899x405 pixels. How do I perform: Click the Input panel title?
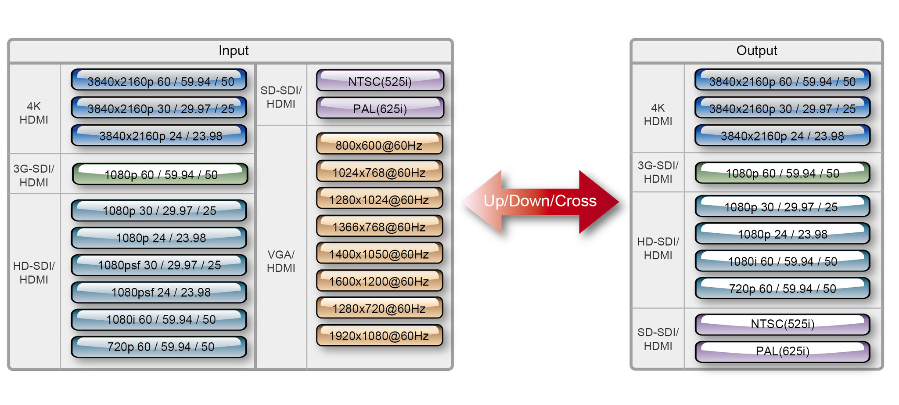click(x=234, y=51)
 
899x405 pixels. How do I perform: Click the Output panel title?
click(x=756, y=51)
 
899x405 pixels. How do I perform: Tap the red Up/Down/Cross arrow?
click(x=540, y=201)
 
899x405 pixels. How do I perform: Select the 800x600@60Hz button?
click(x=379, y=145)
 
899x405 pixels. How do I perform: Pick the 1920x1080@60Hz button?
click(x=379, y=336)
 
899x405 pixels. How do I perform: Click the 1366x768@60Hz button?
click(x=379, y=227)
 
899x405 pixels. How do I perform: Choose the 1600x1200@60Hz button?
click(x=379, y=281)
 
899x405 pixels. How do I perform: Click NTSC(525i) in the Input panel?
click(x=380, y=81)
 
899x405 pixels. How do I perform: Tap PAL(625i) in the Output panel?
click(x=782, y=351)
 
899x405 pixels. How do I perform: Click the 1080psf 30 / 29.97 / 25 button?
click(x=159, y=265)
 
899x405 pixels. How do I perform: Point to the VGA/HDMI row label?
click(x=281, y=261)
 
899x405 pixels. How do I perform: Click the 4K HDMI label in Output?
click(x=658, y=114)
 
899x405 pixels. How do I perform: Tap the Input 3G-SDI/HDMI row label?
click(x=34, y=175)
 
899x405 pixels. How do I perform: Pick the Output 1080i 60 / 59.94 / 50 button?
click(x=782, y=261)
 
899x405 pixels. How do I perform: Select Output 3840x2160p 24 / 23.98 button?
click(x=782, y=136)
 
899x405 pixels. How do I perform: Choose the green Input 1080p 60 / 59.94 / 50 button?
click(x=160, y=174)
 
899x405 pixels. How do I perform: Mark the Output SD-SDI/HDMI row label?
click(x=658, y=339)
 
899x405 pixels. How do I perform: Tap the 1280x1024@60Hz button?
click(x=379, y=199)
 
